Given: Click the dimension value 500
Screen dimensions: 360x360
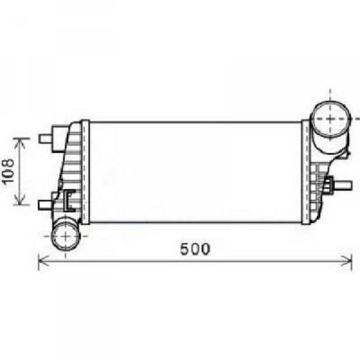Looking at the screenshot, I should [x=195, y=248].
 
